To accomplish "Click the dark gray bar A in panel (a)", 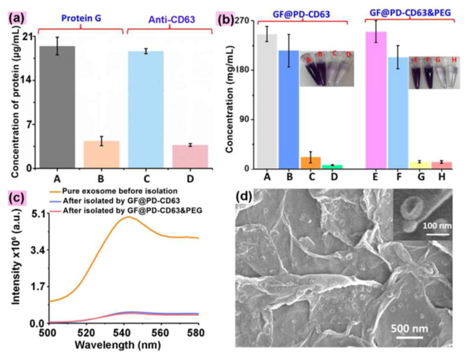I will [57, 107].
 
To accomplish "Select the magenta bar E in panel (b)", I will [376, 100].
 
